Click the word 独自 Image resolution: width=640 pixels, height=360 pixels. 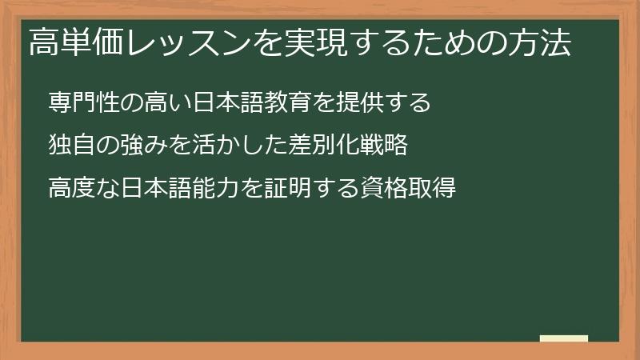coord(71,146)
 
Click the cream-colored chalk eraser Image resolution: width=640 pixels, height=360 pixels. coord(564,338)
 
